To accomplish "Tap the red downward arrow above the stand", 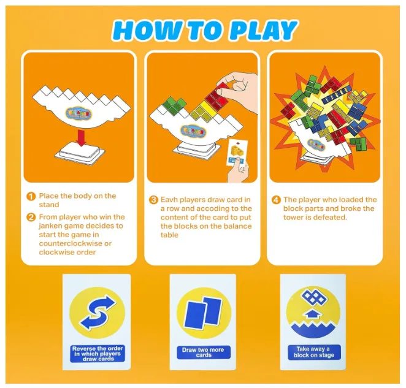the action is [x=82, y=138].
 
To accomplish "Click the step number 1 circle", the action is [x=31, y=196].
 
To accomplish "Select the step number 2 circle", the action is [x=31, y=217].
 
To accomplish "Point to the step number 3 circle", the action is [x=153, y=200].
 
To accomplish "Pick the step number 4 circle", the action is [x=276, y=200].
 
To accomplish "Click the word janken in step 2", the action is [x=50, y=226].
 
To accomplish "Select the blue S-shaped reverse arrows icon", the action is [x=98, y=313].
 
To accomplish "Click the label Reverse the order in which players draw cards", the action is [x=98, y=354].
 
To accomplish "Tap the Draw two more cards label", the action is [x=203, y=352].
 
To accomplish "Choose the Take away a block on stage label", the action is [x=314, y=352].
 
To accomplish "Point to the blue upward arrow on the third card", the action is [x=313, y=315].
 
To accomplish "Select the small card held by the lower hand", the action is [x=237, y=153].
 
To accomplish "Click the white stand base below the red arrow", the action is [x=80, y=153].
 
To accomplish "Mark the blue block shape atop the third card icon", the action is [x=314, y=297].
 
